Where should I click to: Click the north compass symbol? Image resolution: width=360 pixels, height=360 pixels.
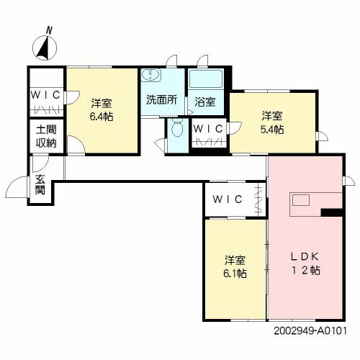click(45, 45)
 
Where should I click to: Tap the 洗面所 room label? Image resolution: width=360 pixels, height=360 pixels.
click(162, 99)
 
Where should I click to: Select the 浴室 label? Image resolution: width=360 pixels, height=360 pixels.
click(205, 102)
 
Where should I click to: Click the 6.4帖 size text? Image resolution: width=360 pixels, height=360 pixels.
click(102, 117)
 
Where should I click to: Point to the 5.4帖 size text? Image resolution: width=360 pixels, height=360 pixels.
click(272, 130)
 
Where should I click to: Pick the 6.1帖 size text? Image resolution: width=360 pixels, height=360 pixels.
click(235, 274)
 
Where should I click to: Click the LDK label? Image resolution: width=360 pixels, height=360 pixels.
click(305, 257)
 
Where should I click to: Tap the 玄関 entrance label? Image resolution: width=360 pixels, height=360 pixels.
click(40, 184)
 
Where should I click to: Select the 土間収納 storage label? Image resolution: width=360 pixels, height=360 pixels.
click(46, 136)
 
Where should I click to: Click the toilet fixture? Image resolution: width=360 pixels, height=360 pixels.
click(178, 129)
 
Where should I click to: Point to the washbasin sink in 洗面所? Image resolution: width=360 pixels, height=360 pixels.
click(150, 74)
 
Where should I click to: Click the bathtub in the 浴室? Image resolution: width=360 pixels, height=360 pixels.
click(206, 79)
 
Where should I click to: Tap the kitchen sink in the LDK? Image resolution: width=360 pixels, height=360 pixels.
click(301, 200)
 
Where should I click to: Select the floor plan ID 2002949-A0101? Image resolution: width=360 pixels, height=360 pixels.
click(310, 331)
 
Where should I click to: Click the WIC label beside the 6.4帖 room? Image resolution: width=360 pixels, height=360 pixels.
click(45, 95)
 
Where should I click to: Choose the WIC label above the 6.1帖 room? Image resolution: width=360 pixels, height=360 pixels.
click(228, 199)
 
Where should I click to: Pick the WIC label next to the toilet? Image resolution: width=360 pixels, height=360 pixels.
click(208, 129)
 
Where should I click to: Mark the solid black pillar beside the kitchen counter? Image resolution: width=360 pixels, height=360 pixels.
click(331, 212)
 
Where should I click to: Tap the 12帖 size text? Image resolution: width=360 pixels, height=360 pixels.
click(305, 271)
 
